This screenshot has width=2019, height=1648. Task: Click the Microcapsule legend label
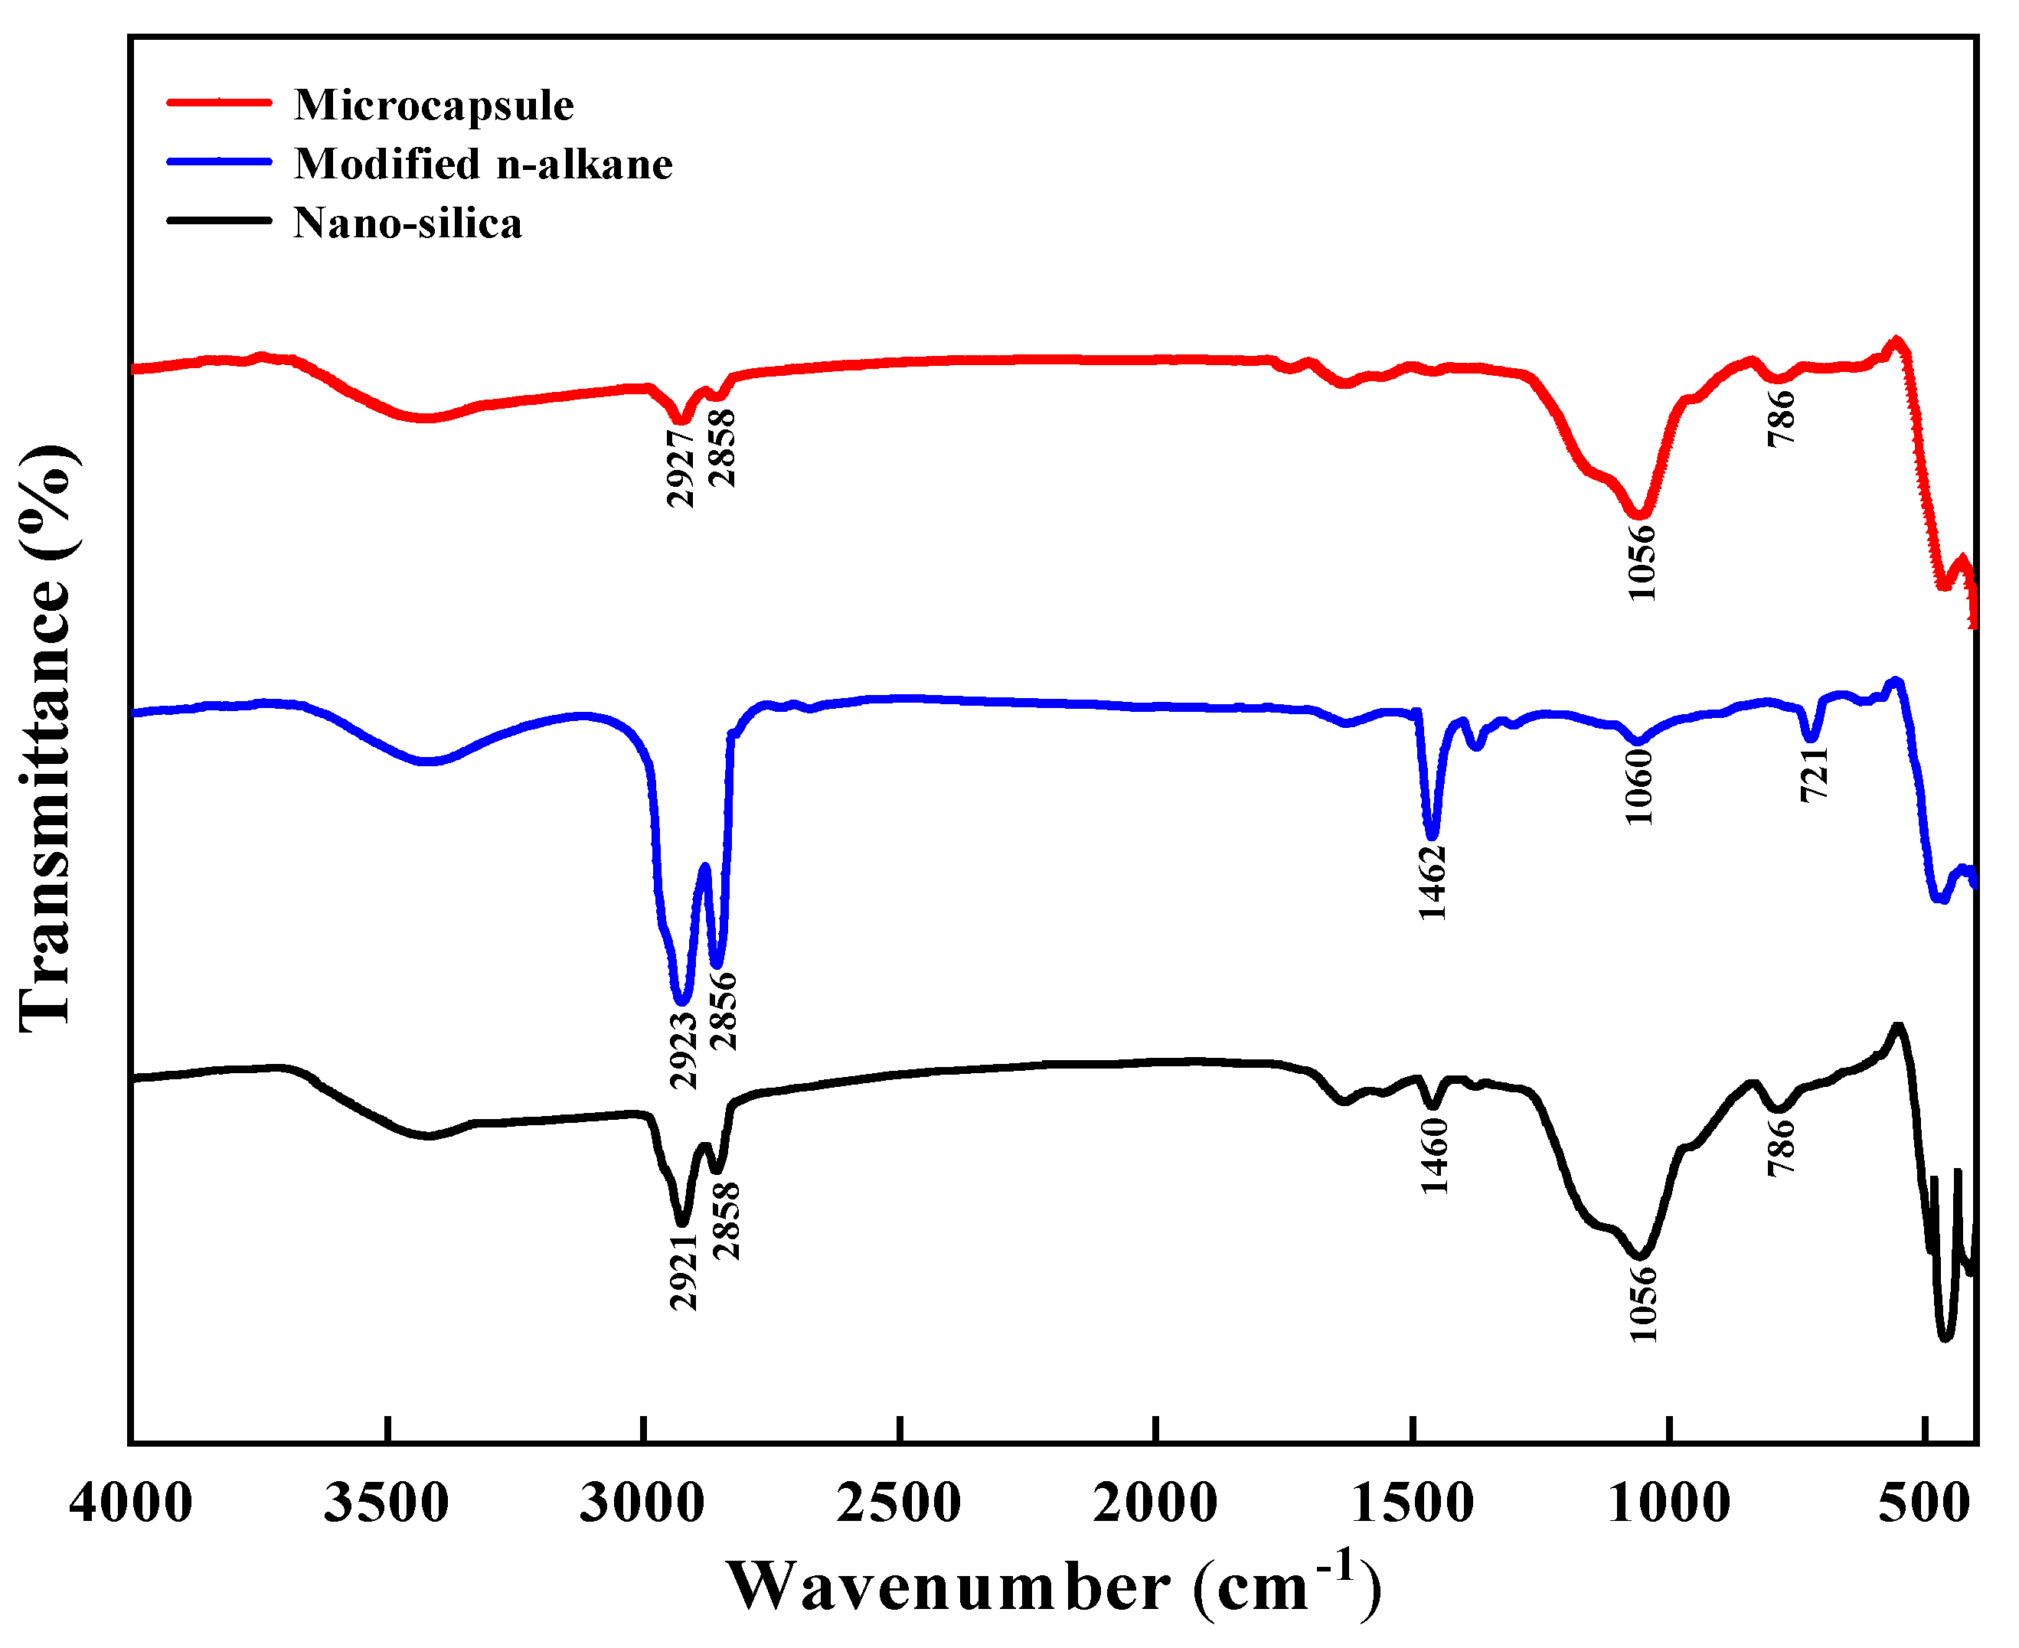tap(433, 104)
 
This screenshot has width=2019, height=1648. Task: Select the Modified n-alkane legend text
tap(482, 165)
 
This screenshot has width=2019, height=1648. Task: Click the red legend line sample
tap(220, 102)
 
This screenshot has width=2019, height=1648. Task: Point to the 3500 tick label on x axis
tap(387, 1503)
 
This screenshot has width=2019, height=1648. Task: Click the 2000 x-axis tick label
tap(1155, 1503)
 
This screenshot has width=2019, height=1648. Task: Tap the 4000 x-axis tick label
tap(131, 1503)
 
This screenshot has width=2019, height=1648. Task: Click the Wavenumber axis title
tap(1052, 1585)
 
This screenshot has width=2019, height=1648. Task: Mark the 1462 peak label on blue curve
tap(1433, 883)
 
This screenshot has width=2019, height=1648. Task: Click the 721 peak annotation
tap(1815, 774)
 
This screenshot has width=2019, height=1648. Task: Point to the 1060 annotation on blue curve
tap(1639, 787)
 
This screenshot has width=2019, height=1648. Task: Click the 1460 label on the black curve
tap(1435, 1157)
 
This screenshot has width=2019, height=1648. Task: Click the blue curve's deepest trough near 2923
tap(681, 1000)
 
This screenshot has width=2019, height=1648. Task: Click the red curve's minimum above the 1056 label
tap(1639, 514)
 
